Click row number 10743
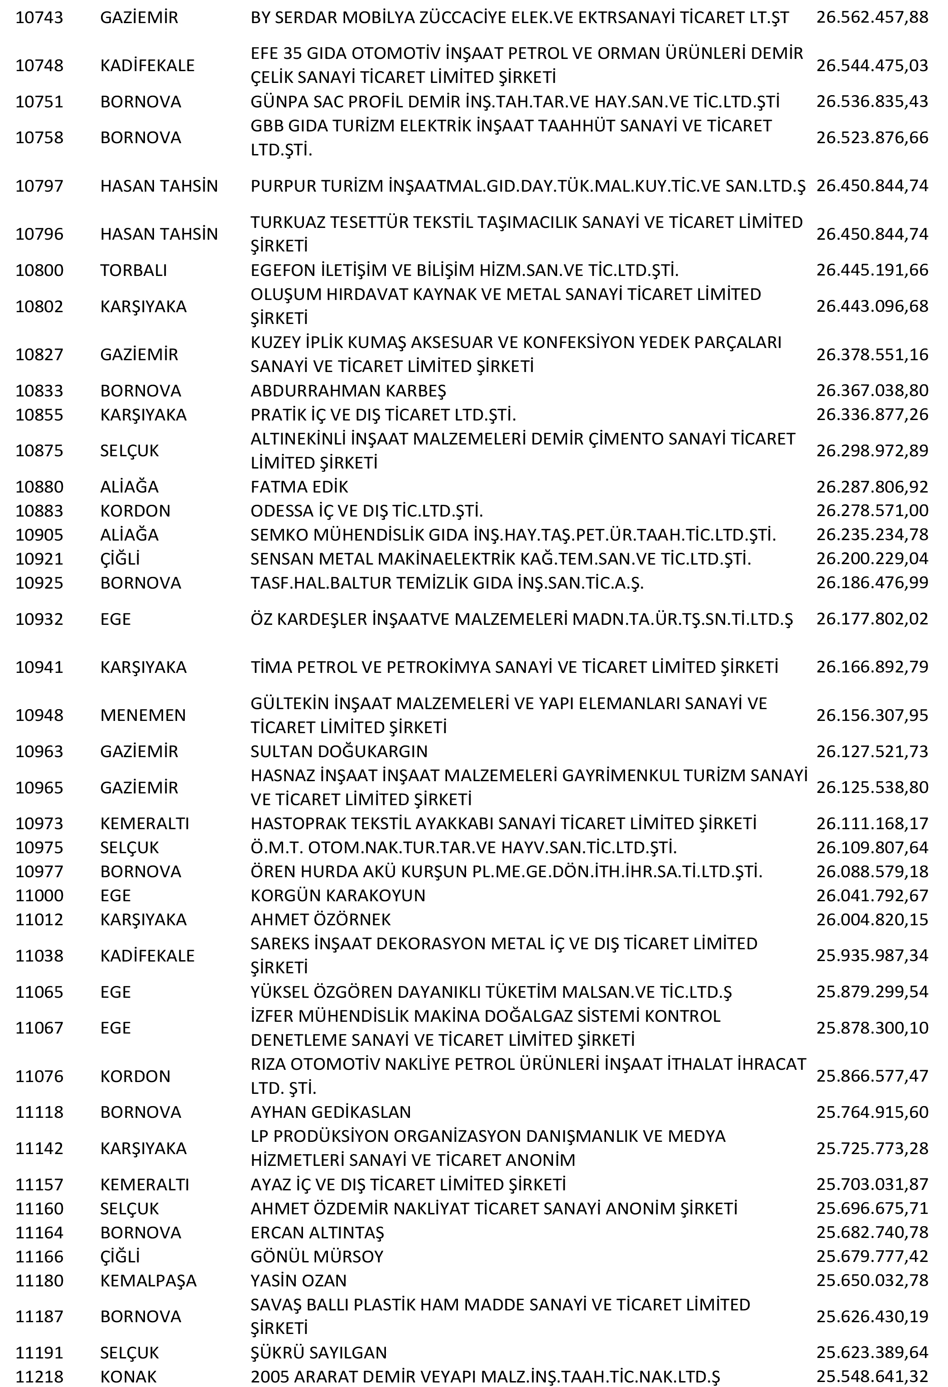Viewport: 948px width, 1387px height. pos(39,17)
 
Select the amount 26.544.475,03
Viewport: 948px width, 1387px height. pos(871,66)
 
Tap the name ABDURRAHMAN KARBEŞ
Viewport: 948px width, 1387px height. pos(348,391)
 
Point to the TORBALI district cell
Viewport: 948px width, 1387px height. pos(133,271)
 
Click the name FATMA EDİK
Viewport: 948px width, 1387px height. pos(299,487)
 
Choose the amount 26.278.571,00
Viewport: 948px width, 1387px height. pos(871,511)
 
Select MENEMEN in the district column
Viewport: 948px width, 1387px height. pos(143,715)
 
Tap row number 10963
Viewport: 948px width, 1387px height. pos(39,751)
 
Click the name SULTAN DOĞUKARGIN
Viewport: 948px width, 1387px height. pos(339,751)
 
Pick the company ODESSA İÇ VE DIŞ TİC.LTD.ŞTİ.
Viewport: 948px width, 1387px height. pos(366,511)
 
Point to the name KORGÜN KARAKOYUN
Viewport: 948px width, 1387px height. pos(338,896)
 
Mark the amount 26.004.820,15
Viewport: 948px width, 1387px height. pos(871,920)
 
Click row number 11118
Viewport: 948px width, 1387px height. pos(39,1112)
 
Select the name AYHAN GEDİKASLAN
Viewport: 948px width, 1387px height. pos(331,1112)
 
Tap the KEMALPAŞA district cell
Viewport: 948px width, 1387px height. pos(148,1281)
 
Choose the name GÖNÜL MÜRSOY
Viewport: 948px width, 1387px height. pos(316,1257)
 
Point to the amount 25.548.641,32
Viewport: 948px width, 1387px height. pos(871,1377)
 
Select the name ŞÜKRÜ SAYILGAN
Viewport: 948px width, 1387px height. pos(318,1353)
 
